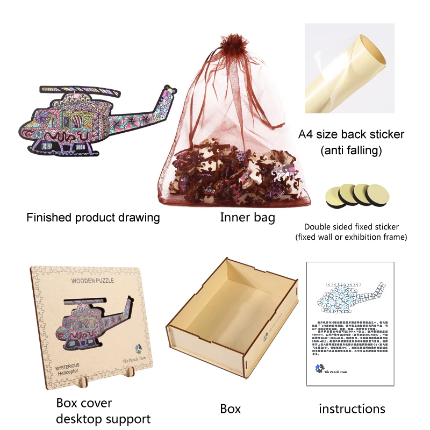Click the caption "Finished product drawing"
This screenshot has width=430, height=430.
pyautogui.click(x=93, y=218)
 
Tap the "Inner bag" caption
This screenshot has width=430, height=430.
pyautogui.click(x=247, y=218)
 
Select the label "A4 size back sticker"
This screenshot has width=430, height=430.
pyautogui.click(x=351, y=134)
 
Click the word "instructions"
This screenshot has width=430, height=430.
pyautogui.click(x=352, y=409)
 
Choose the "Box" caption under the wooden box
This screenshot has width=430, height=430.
pyautogui.click(x=230, y=409)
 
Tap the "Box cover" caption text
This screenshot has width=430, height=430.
pyautogui.click(x=83, y=403)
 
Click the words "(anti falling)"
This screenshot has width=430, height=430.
pyautogui.click(x=351, y=151)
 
